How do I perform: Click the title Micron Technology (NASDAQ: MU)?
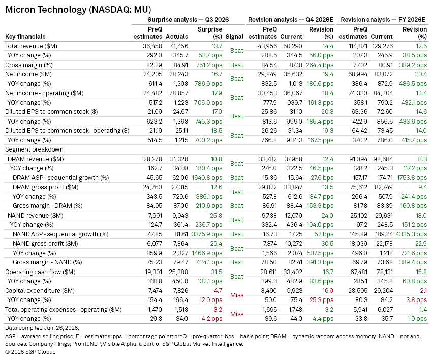[78, 10]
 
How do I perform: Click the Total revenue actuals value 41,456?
[179, 46]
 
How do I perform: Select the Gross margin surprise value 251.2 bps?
[209, 65]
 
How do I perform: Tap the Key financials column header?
[25, 37]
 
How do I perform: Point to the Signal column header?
[234, 37]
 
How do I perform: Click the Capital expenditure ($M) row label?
[40, 290]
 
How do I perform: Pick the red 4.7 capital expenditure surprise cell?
[218, 290]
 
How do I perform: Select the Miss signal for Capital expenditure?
[237, 295]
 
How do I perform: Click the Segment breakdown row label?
[34, 149]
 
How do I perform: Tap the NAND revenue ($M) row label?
[36, 215]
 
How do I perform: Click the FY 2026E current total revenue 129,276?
[382, 46]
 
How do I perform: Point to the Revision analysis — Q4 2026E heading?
[290, 20]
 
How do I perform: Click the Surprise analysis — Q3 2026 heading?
[188, 20]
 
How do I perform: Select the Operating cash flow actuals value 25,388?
[178, 272]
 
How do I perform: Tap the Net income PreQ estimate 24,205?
[152, 74]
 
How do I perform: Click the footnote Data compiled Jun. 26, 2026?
[42, 328]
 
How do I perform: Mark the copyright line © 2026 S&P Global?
[30, 352]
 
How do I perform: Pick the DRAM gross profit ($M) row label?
[45, 187]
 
